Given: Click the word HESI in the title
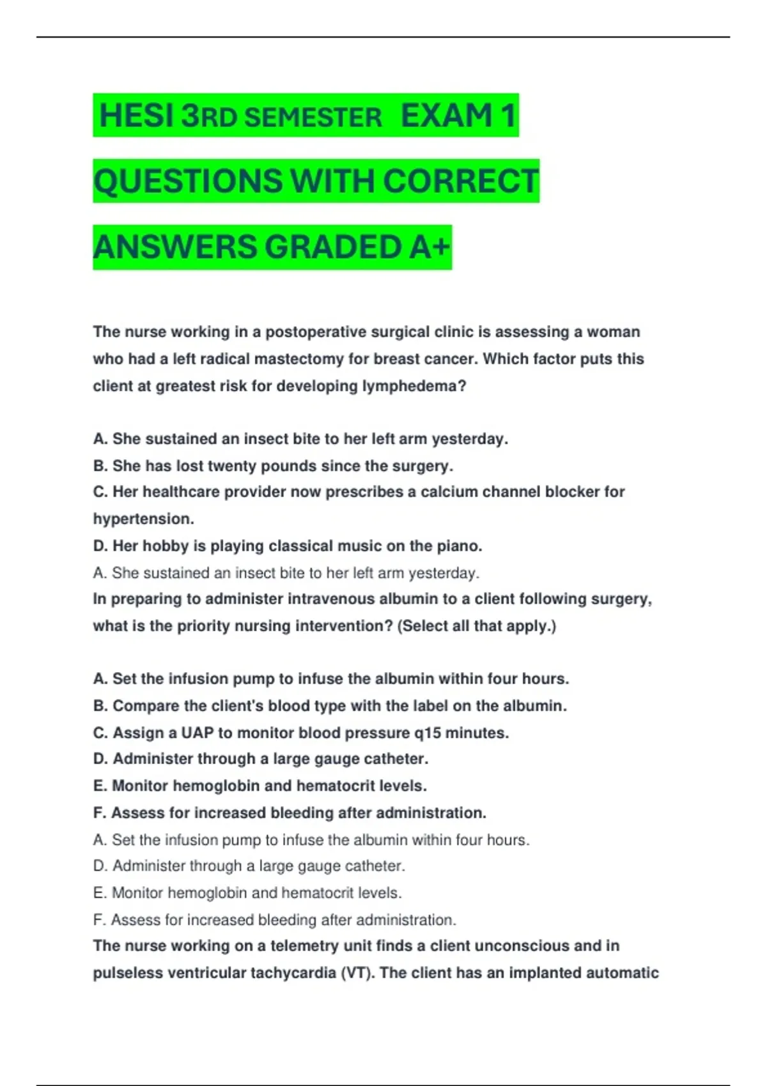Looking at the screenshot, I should tap(136, 116).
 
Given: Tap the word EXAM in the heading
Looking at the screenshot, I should tap(446, 116).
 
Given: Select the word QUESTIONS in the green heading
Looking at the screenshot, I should tap(188, 181).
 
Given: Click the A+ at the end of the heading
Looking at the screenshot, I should tap(430, 247).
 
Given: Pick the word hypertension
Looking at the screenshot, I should tap(143, 519).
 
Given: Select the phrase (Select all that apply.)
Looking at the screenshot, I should tap(477, 626).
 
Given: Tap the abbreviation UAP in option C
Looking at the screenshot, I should tap(197, 733).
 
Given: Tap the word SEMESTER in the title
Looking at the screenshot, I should tap(313, 118).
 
